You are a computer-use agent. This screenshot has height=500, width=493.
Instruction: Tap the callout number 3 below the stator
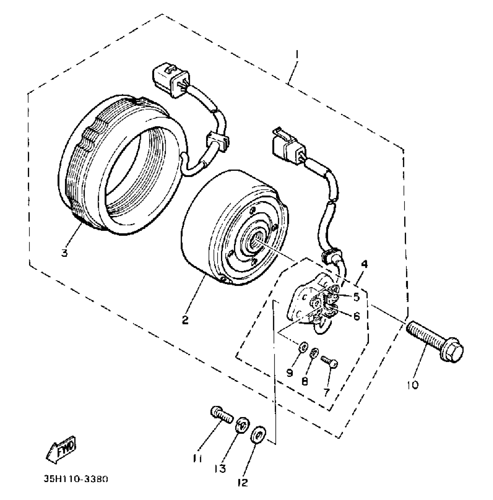[64, 252]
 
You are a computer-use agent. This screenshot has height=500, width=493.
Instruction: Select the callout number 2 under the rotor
[185, 320]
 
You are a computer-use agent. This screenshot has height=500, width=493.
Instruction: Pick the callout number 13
[220, 469]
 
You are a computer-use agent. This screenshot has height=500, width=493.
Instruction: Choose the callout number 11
[198, 459]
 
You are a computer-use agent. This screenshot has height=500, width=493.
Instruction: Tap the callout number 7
[327, 392]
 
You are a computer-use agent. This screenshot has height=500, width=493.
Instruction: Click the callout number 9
[290, 373]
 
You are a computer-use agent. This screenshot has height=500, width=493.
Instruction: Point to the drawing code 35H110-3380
[76, 479]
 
